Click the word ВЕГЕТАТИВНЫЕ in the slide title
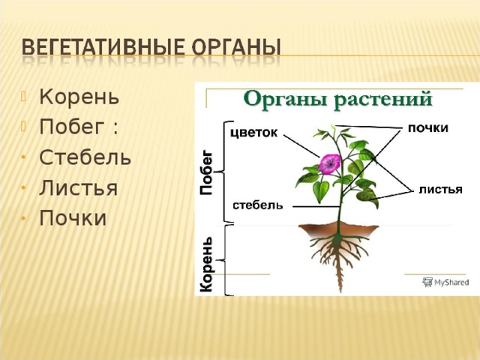[103, 47]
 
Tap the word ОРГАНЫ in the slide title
[236, 47]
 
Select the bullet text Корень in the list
[79, 97]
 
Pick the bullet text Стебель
[85, 157]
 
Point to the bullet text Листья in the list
[78, 187]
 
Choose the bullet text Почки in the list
[73, 217]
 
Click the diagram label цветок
[253, 133]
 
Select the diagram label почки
[428, 128]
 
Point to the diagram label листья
[440, 190]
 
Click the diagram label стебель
[258, 205]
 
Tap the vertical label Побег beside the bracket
[206, 172]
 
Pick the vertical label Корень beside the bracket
[206, 264]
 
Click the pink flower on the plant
[329, 163]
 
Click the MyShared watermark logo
[445, 282]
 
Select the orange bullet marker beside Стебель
[23, 157]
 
